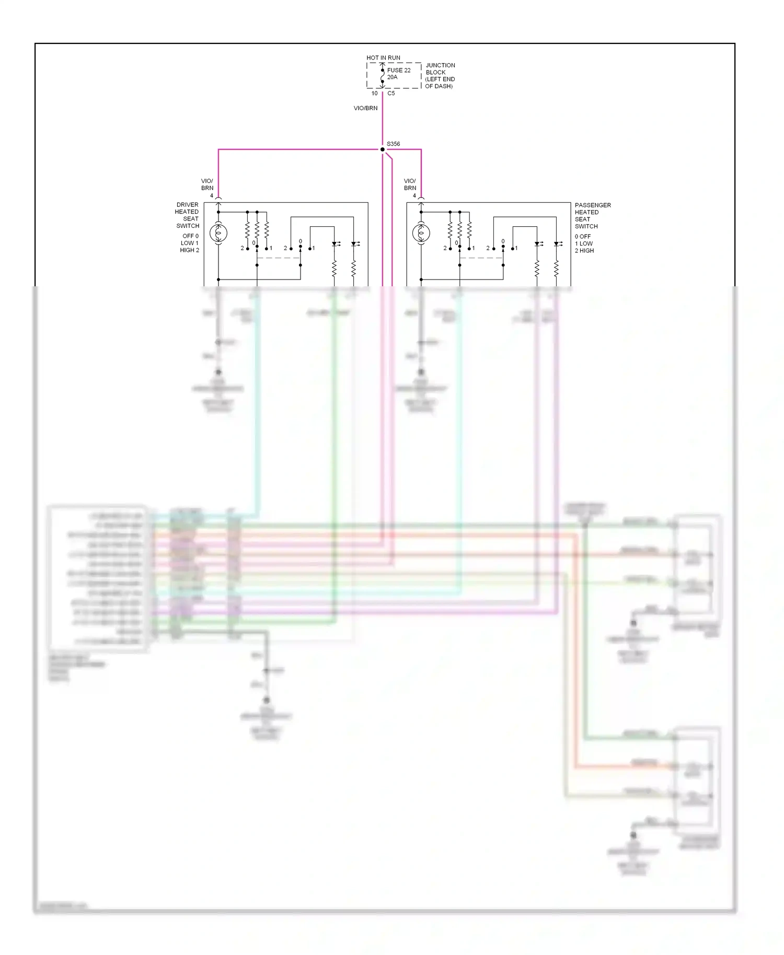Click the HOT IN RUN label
(x=383, y=58)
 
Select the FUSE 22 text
(x=399, y=70)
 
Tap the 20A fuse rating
(x=393, y=77)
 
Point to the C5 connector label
(x=391, y=94)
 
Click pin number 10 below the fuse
(x=374, y=94)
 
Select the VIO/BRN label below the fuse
(x=365, y=108)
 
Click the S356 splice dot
(x=382, y=149)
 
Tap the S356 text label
(x=394, y=144)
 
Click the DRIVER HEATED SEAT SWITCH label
(x=187, y=215)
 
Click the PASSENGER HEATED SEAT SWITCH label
(x=592, y=216)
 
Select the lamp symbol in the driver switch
(x=218, y=233)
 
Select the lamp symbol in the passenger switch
(x=421, y=233)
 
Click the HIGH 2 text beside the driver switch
(x=189, y=250)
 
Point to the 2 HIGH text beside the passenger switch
(x=584, y=251)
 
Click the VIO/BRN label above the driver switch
(x=207, y=184)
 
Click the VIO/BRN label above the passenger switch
(x=410, y=184)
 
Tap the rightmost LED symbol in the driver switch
(x=354, y=244)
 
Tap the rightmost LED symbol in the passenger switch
(x=557, y=244)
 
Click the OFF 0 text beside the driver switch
(x=190, y=236)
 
